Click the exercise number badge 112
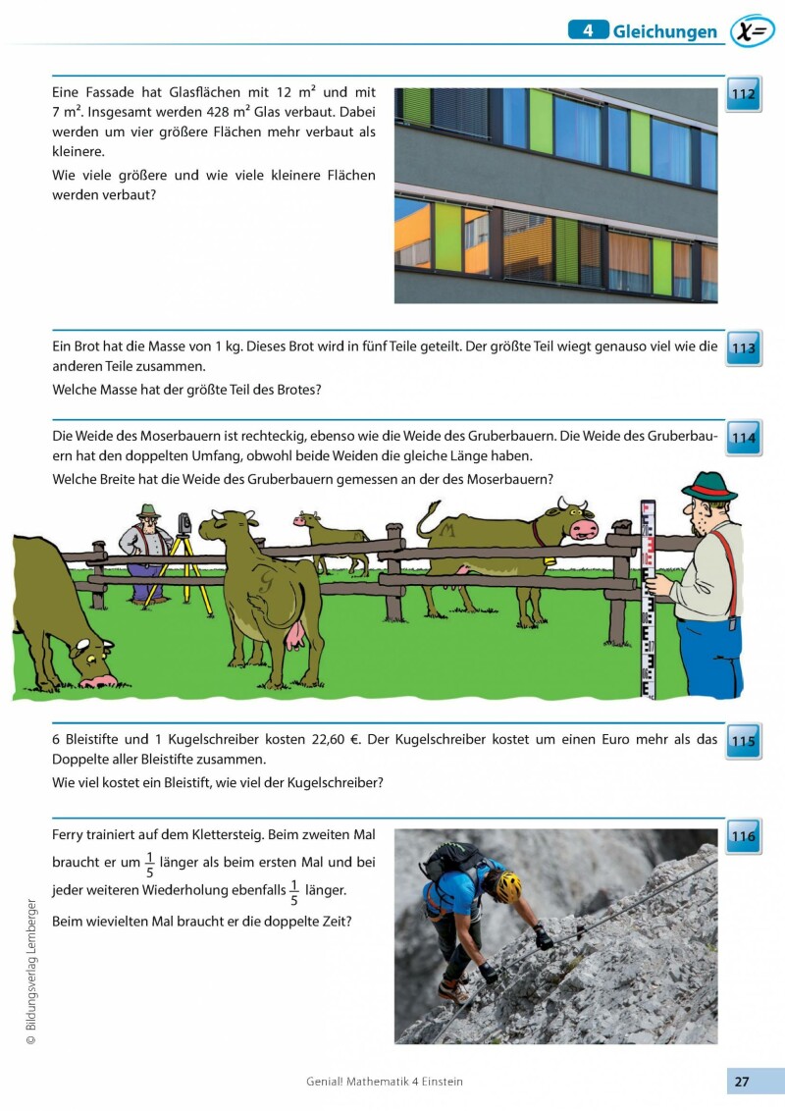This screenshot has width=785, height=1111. pyautogui.click(x=744, y=94)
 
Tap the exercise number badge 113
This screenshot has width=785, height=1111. pyautogui.click(x=744, y=347)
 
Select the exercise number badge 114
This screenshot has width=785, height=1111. pyautogui.click(x=744, y=438)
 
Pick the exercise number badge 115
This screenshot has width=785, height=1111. pyautogui.click(x=744, y=741)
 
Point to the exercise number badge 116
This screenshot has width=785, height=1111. pyautogui.click(x=744, y=836)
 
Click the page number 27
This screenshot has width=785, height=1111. pyautogui.click(x=742, y=1082)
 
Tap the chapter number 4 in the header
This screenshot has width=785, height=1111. pyautogui.click(x=588, y=30)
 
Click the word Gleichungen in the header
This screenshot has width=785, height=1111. pyautogui.click(x=665, y=32)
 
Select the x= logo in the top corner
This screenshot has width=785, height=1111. pyautogui.click(x=753, y=31)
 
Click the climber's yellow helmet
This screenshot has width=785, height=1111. pyautogui.click(x=507, y=886)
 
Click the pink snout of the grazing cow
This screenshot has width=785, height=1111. pyautogui.click(x=96, y=680)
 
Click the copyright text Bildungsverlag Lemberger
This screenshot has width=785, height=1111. pyautogui.click(x=31, y=972)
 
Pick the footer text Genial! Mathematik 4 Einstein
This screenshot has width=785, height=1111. pyautogui.click(x=385, y=1082)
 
